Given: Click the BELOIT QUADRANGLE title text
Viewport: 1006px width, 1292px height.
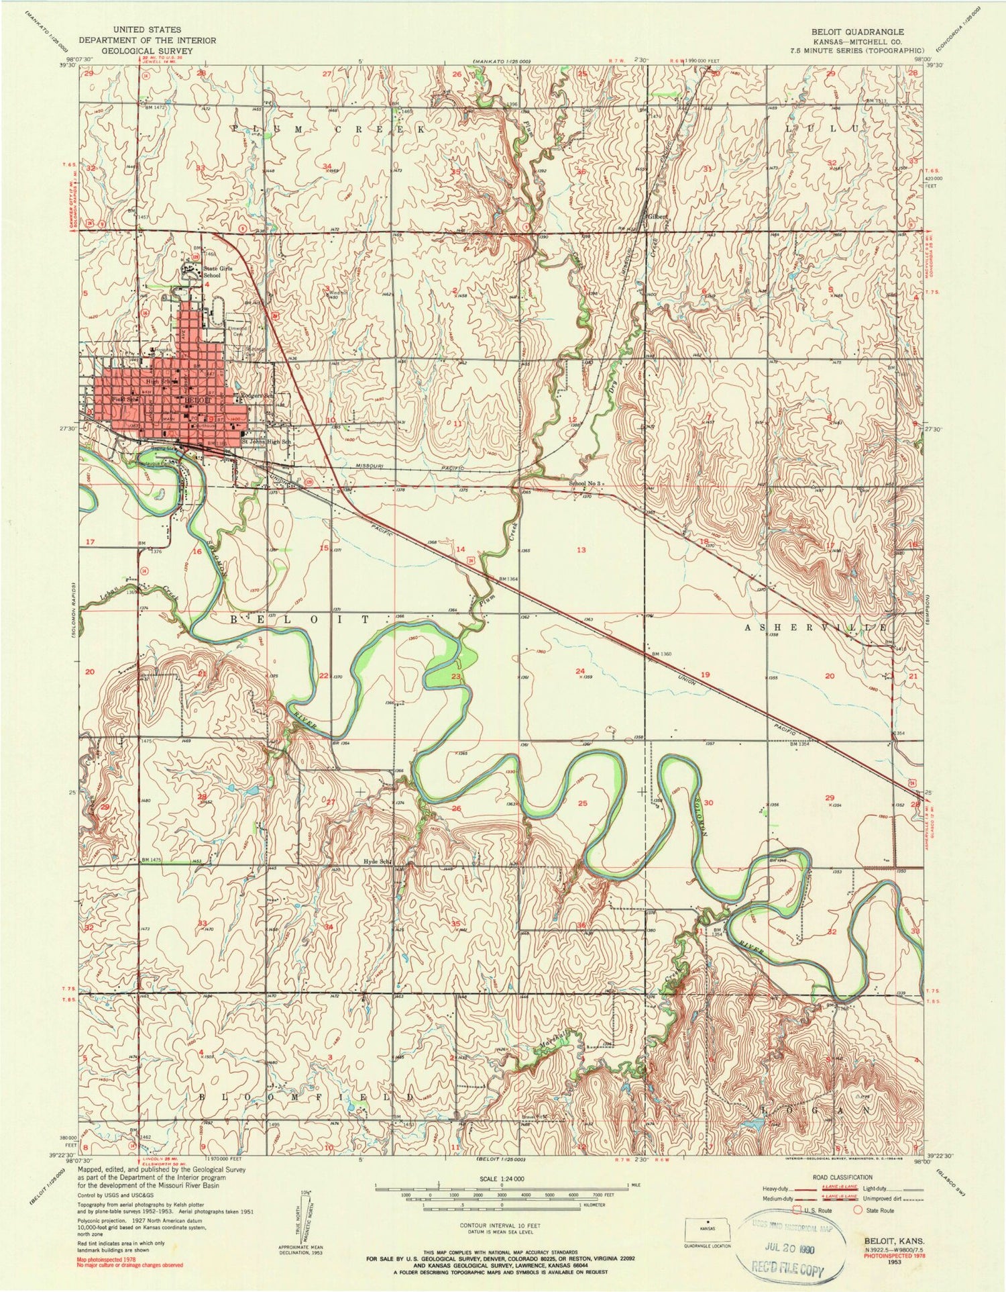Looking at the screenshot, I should (865, 32).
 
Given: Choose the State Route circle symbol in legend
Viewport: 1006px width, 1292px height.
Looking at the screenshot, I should (858, 1210).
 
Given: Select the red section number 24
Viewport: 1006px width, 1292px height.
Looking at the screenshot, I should (580, 671).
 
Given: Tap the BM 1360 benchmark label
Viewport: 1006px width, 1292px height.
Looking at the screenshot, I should (661, 653).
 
